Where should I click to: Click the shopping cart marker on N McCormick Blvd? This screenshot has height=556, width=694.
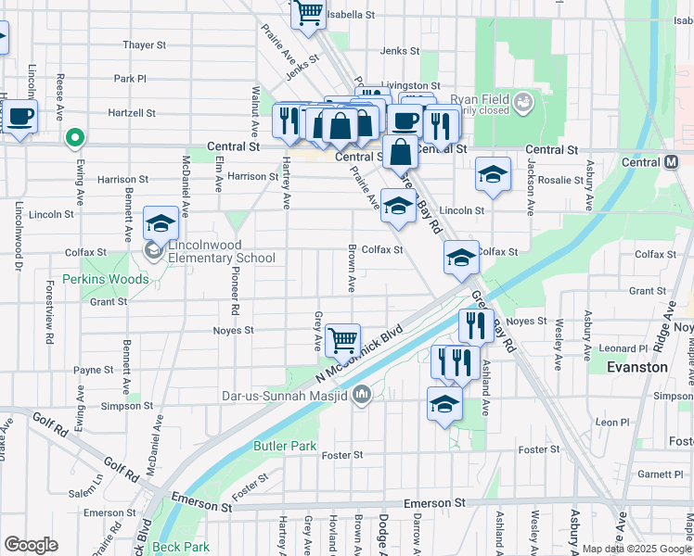tap(343, 340)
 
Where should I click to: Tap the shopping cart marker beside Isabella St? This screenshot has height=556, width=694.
tap(308, 13)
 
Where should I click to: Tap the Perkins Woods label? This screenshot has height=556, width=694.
tap(105, 279)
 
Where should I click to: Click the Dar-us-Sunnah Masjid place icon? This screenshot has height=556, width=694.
tap(362, 397)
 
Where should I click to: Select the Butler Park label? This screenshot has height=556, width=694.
tap(285, 446)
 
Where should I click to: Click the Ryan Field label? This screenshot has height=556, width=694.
tap(476, 99)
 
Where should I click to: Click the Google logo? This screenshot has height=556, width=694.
tap(31, 545)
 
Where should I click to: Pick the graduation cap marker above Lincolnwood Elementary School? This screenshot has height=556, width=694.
tap(161, 223)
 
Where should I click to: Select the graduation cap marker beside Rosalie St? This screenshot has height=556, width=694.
tap(494, 173)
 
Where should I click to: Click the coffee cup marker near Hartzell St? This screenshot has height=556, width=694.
tap(20, 118)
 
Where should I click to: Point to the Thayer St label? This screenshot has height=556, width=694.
tap(144, 44)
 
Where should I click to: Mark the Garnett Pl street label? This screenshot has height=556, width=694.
tap(660, 474)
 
